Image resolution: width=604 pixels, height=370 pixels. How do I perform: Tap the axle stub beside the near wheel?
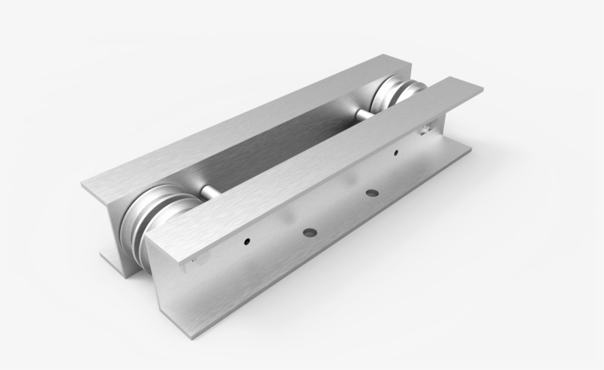coord(208,193)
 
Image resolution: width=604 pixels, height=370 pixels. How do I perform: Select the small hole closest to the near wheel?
coord(247,240)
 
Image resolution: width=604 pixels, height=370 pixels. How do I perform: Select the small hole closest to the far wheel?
coord(396,153)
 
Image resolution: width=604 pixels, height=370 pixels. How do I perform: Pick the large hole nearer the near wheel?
coord(309,233)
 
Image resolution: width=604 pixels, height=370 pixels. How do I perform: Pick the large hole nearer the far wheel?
coord(371,193)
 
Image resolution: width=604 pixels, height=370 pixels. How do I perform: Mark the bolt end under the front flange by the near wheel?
coord(193,259)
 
